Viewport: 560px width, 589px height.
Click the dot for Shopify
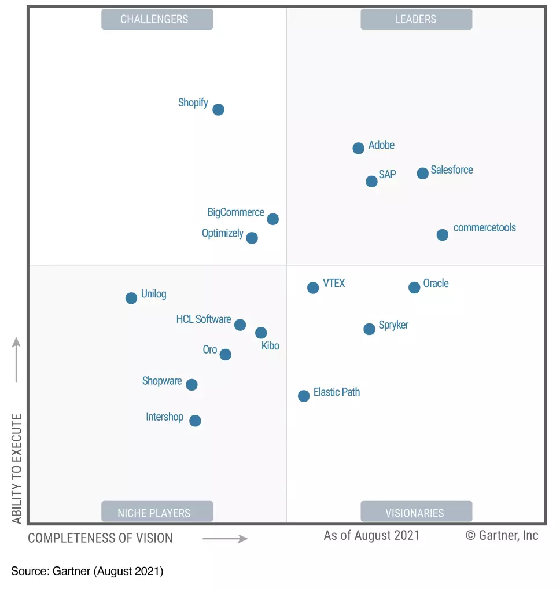point(218,109)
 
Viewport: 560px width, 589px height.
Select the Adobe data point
point(359,148)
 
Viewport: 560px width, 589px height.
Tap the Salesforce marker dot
point(423,173)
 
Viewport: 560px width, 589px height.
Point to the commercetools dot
point(443,235)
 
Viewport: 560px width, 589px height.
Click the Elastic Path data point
point(304,396)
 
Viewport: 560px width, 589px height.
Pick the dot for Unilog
point(131,298)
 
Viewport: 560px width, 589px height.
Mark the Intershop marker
point(196,421)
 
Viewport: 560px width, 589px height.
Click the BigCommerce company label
point(236,212)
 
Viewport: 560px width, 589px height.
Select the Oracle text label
point(436,284)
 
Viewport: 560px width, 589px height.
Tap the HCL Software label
point(204,319)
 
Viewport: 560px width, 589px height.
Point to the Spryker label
point(393,325)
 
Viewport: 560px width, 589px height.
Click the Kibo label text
point(270,346)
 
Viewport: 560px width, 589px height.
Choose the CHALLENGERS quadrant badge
point(157,20)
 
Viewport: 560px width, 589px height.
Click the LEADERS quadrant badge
point(416,20)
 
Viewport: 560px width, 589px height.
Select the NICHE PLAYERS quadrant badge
point(157,513)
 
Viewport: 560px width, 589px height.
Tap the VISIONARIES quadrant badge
point(416,513)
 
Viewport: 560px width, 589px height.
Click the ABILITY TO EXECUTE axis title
point(17,469)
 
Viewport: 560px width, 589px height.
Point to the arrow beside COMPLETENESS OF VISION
point(225,539)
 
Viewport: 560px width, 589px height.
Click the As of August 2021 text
point(371,535)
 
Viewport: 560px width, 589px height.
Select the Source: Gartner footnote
point(87,572)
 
